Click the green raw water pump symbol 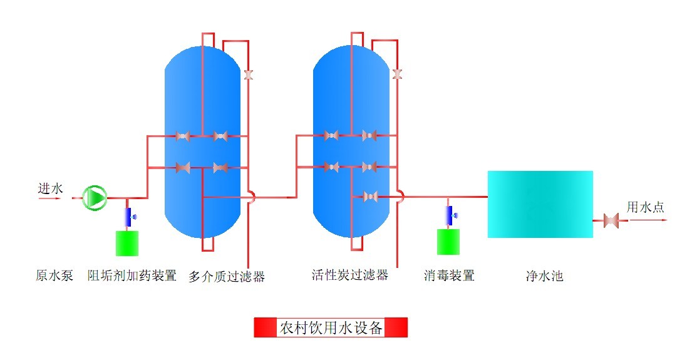click(x=96, y=197)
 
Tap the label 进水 click(x=51, y=188)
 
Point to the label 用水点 click(x=646, y=207)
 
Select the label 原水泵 click(x=54, y=275)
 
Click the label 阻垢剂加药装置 click(x=132, y=275)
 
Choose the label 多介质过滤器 click(x=227, y=276)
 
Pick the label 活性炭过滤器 click(x=350, y=275)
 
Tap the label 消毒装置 click(x=449, y=275)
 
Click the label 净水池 click(x=544, y=275)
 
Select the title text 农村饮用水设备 click(x=331, y=327)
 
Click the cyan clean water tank click(x=540, y=204)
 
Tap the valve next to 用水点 click(x=611, y=220)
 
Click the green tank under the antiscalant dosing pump click(x=127, y=243)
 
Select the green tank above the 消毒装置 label click(x=448, y=242)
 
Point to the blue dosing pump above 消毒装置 click(x=449, y=215)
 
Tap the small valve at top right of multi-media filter click(x=249, y=75)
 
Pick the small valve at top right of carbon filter click(x=396, y=75)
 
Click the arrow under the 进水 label click(x=50, y=198)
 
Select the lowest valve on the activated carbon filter click(x=369, y=197)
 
